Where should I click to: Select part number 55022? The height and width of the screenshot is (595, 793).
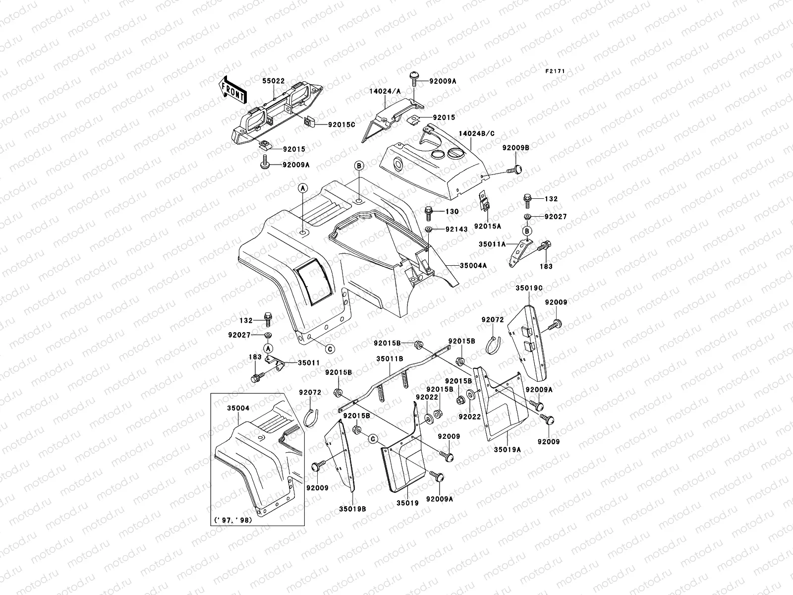[x=273, y=80]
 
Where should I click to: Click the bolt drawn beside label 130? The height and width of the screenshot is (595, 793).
[x=429, y=213]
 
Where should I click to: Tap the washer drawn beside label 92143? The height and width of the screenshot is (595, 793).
[x=429, y=230]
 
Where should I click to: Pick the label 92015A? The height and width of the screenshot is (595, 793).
[x=487, y=226]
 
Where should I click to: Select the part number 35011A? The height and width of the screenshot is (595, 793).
[x=492, y=244]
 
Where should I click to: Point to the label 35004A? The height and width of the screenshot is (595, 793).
[x=473, y=266]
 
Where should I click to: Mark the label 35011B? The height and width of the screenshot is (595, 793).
[x=389, y=358]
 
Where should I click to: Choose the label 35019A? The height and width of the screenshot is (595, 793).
[x=507, y=450]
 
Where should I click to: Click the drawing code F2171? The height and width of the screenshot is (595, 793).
[x=556, y=71]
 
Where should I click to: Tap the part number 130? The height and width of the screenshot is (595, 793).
[x=452, y=212]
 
